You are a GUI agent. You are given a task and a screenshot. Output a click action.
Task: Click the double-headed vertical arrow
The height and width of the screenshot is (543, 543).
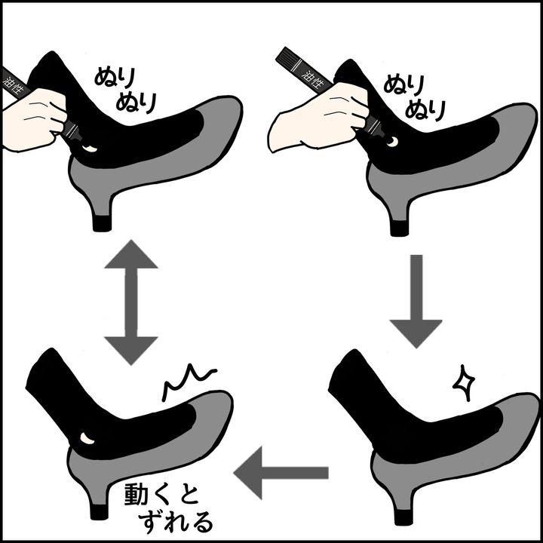point(130,302)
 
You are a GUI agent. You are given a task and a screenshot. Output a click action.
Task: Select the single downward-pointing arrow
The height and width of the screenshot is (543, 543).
point(416,302)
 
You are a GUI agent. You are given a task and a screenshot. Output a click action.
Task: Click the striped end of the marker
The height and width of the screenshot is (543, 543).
point(290,58)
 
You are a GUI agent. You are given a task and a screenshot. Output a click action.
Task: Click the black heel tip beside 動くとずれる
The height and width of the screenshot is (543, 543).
point(99,511)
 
